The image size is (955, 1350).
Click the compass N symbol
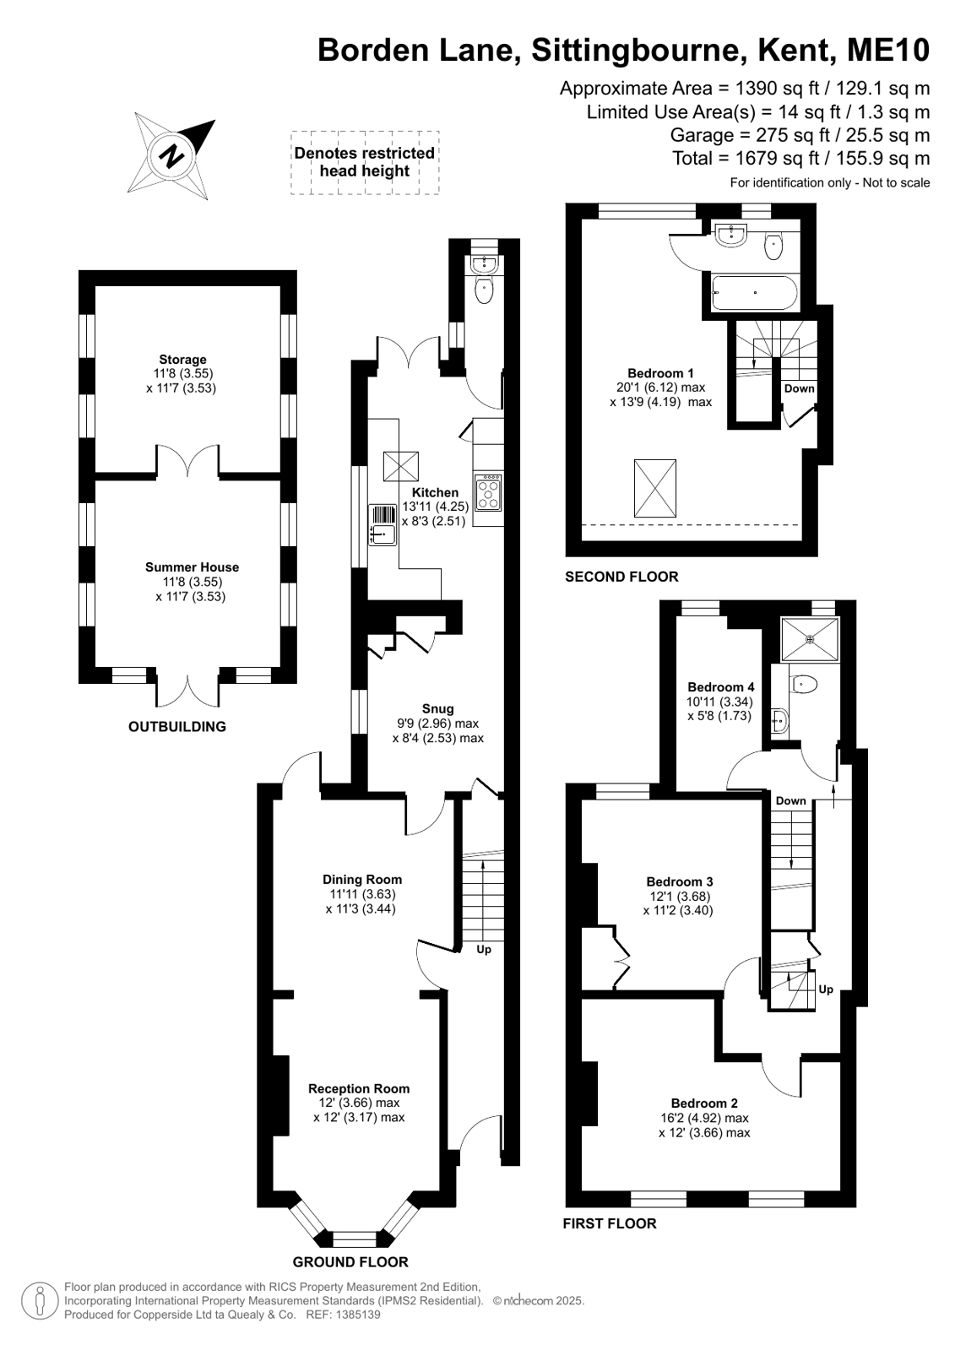point(171,157)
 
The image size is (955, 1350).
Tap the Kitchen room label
point(435,492)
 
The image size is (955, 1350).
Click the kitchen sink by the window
point(383,525)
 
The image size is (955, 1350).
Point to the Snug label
point(437,708)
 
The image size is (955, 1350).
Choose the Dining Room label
point(361,879)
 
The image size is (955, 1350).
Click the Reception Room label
point(359,1088)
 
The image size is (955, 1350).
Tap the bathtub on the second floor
point(755,293)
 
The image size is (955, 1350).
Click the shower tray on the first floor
point(810,639)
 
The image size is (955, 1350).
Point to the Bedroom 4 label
point(720,687)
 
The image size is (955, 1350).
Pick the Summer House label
point(192,567)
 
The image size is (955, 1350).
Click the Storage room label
point(182,360)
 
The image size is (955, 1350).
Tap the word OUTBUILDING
point(177,727)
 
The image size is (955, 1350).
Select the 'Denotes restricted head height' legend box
point(365,163)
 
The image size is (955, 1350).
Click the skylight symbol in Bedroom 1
point(654,488)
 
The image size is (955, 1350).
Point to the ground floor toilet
point(484,290)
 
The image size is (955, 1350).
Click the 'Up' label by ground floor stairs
point(484,949)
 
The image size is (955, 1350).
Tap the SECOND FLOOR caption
point(621,577)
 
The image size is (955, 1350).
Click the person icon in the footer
point(40,1300)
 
